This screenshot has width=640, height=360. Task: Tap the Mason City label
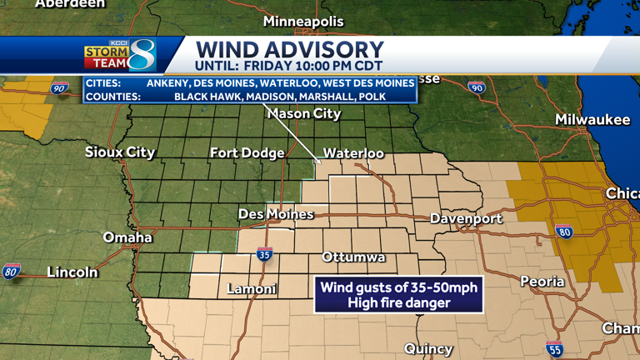pos(303,113)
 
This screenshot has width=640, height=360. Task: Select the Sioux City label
pos(120,152)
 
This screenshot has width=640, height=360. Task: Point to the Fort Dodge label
pos(247,152)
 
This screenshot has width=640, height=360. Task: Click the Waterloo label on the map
pos(353,153)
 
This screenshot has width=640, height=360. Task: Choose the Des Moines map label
pos(276,214)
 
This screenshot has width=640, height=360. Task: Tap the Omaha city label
pos(127,237)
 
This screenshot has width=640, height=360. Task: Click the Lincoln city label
pos(72,272)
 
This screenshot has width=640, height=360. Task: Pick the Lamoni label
pos(252,289)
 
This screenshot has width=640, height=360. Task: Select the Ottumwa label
pos(353,257)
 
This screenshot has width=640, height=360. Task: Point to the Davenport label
pos(466,218)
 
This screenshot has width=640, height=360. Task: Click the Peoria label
pos(542,282)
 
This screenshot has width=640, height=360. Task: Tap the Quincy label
pos(428,348)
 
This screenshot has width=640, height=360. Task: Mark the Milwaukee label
pos(592,120)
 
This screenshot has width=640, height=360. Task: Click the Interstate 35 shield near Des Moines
pos(264,254)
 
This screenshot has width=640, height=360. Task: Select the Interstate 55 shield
pos(555,348)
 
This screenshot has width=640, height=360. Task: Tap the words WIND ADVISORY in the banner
pos(289,50)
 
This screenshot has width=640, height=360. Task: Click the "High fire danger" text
pos(398,302)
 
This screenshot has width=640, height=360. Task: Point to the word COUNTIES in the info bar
pos(113,96)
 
